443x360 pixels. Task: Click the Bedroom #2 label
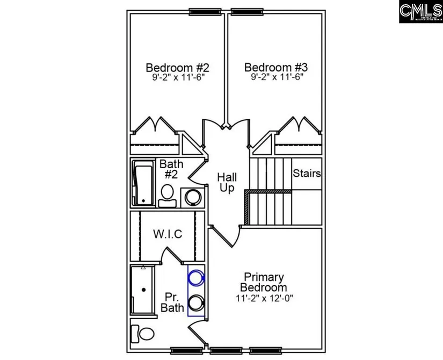coord(177,68)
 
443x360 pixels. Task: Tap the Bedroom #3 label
coord(276,68)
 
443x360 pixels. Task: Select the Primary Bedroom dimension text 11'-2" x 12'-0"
coord(264,298)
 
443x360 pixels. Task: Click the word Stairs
coord(307,174)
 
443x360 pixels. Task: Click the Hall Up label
coord(227,183)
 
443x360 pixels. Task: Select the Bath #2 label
coord(171,169)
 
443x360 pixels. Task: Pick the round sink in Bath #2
coord(192,197)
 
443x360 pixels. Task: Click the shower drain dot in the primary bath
coord(143,290)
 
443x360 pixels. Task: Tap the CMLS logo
coord(420,11)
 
